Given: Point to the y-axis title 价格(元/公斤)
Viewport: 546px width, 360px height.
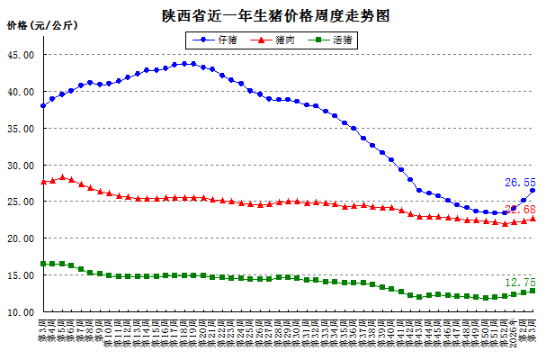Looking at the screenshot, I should tap(41, 25).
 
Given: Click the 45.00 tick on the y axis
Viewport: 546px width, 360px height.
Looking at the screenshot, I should tap(20, 55).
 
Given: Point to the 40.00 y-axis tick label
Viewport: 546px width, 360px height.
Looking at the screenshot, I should tap(20, 92).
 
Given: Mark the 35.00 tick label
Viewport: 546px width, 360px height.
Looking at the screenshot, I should tap(20, 129).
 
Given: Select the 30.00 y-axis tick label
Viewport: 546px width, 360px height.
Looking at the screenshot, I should tap(20, 166).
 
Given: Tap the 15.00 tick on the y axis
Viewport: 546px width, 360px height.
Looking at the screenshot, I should tap(20, 275).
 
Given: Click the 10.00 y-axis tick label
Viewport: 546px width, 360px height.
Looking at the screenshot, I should tap(20, 312).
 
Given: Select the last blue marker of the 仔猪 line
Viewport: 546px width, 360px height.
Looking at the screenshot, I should tap(533, 190).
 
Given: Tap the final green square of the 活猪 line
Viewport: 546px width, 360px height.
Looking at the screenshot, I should tap(533, 291).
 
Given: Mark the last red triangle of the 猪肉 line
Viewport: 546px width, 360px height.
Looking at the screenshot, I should tap(533, 218).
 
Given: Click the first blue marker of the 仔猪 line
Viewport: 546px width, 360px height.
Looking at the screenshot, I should tap(43, 106).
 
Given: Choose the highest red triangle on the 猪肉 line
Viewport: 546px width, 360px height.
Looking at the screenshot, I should tap(62, 177).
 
